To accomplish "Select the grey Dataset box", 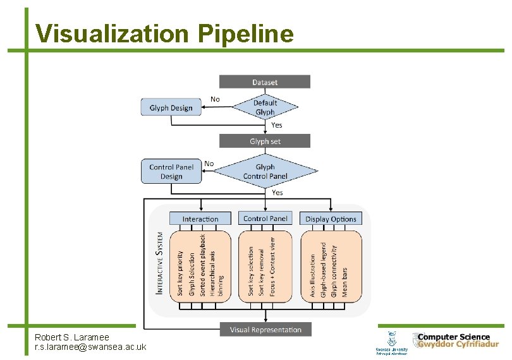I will pyautogui.click(x=265, y=82).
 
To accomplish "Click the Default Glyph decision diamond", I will pyautogui.click(x=265, y=107).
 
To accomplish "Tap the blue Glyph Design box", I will pyautogui.click(x=171, y=107).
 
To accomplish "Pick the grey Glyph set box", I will pyautogui.click(x=265, y=141).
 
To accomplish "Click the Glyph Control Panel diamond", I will pyautogui.click(x=265, y=171).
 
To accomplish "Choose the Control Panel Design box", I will pyautogui.click(x=171, y=171).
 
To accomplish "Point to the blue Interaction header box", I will pyautogui.click(x=200, y=219).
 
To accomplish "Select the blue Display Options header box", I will pyautogui.click(x=331, y=219).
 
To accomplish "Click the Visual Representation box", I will pyautogui.click(x=265, y=329).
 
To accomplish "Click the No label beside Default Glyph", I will pyautogui.click(x=215, y=99).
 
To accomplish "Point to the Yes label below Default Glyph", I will pyautogui.click(x=277, y=125).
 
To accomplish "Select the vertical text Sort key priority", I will pyautogui.click(x=180, y=273).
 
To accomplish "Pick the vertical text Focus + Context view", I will pyautogui.click(x=273, y=267).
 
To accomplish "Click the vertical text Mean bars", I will pyautogui.click(x=345, y=282).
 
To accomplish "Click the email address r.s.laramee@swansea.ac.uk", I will pyautogui.click(x=90, y=347).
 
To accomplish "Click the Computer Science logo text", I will pyautogui.click(x=453, y=337).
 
